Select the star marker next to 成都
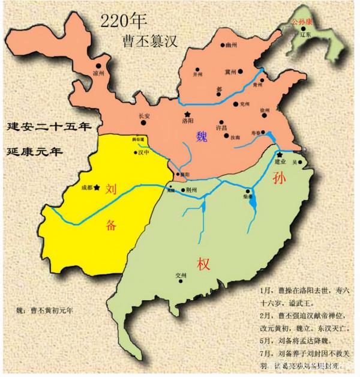click(x=97, y=187)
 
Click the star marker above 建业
click(x=279, y=155)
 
